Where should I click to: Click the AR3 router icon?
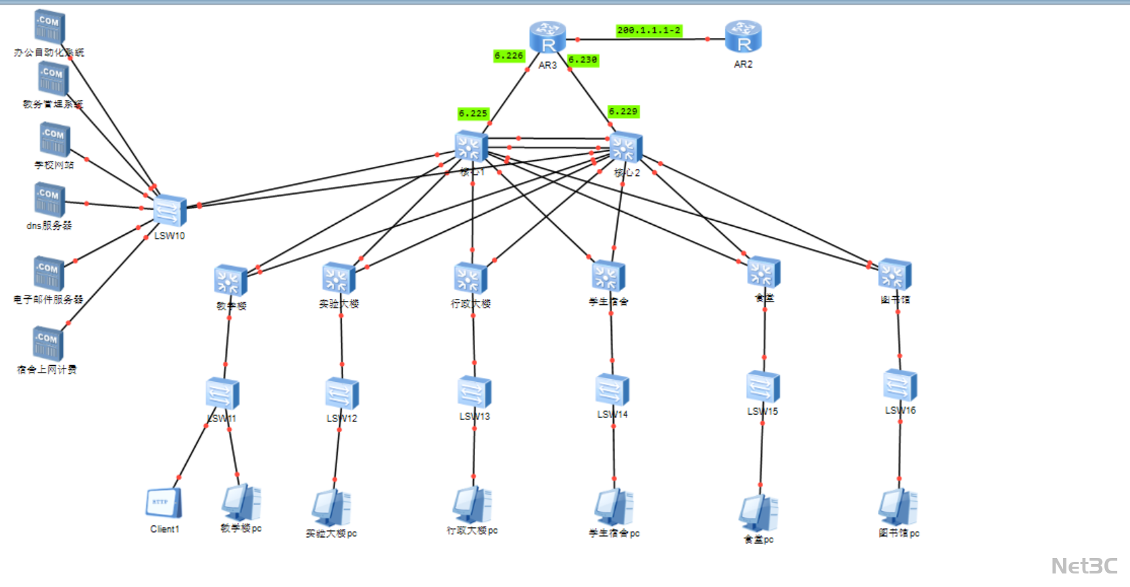click(x=547, y=37)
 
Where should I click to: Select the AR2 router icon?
click(x=743, y=37)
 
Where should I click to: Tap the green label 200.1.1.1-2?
click(x=649, y=30)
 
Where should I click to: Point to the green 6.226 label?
click(x=509, y=56)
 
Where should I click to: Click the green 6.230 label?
click(x=583, y=60)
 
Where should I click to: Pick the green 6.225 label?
click(x=473, y=113)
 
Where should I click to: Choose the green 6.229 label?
click(x=623, y=112)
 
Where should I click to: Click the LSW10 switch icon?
click(x=169, y=210)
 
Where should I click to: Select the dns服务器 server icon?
click(x=49, y=200)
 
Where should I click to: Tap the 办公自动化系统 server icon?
click(x=49, y=26)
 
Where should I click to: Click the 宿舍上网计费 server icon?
click(x=47, y=343)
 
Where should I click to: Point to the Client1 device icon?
click(x=164, y=504)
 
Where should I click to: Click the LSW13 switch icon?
click(x=474, y=392)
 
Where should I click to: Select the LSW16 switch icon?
click(x=900, y=385)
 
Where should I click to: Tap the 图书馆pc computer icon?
click(x=898, y=507)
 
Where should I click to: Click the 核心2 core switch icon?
click(x=625, y=148)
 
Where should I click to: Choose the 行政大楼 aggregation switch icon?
click(x=470, y=278)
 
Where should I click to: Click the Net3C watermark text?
click(x=1084, y=565)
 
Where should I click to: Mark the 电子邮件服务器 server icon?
click(x=49, y=273)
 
